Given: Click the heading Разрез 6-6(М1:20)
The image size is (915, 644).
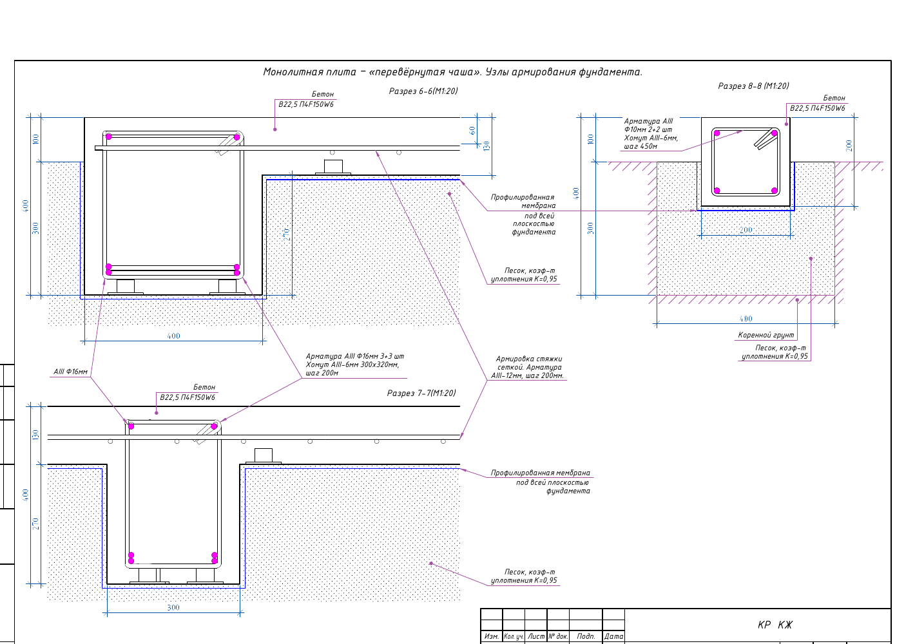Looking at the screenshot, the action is tap(423, 91).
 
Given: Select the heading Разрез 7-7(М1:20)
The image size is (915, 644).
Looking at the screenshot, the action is tap(421, 393).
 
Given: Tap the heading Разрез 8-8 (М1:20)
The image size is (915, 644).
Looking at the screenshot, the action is tap(753, 86).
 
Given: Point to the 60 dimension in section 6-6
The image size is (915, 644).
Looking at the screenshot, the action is tap(472, 131).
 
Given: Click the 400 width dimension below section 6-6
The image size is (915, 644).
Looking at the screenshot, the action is tap(173, 336).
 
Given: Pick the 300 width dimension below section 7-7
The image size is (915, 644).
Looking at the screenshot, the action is tap(173, 608).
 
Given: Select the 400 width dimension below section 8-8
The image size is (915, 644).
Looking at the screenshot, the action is tap(746, 319).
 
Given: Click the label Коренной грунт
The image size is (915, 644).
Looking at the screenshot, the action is tap(766, 336).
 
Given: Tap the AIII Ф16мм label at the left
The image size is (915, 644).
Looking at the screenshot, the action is tap(70, 372).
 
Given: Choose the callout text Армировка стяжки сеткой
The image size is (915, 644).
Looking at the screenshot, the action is tap(529, 363).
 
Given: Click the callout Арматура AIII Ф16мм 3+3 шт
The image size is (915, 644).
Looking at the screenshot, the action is tap(354, 357).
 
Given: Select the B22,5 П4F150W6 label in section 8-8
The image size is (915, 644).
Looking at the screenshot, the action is tap(817, 108).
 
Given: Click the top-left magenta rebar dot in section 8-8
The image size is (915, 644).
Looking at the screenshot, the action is tap(717, 133).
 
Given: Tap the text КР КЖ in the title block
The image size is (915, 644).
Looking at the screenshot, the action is tap(775, 625).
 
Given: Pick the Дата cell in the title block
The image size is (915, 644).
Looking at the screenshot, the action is tap(613, 636).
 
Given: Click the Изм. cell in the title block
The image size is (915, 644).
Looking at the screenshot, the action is tap(492, 636).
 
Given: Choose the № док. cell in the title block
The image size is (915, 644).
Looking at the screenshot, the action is tap(558, 636).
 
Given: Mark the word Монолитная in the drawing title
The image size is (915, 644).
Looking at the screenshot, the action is tap(289, 72).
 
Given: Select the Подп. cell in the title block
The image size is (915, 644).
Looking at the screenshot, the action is tap(586, 636).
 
